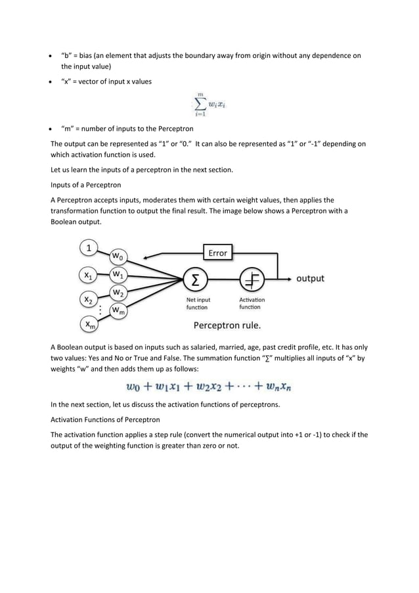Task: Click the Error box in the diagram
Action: click(217, 252)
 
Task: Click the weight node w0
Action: click(120, 256)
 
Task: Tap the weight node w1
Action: click(118, 273)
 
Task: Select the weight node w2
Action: click(119, 292)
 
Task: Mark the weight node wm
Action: click(119, 310)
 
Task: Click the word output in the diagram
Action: click(310, 279)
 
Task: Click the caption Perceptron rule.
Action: click(227, 325)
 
